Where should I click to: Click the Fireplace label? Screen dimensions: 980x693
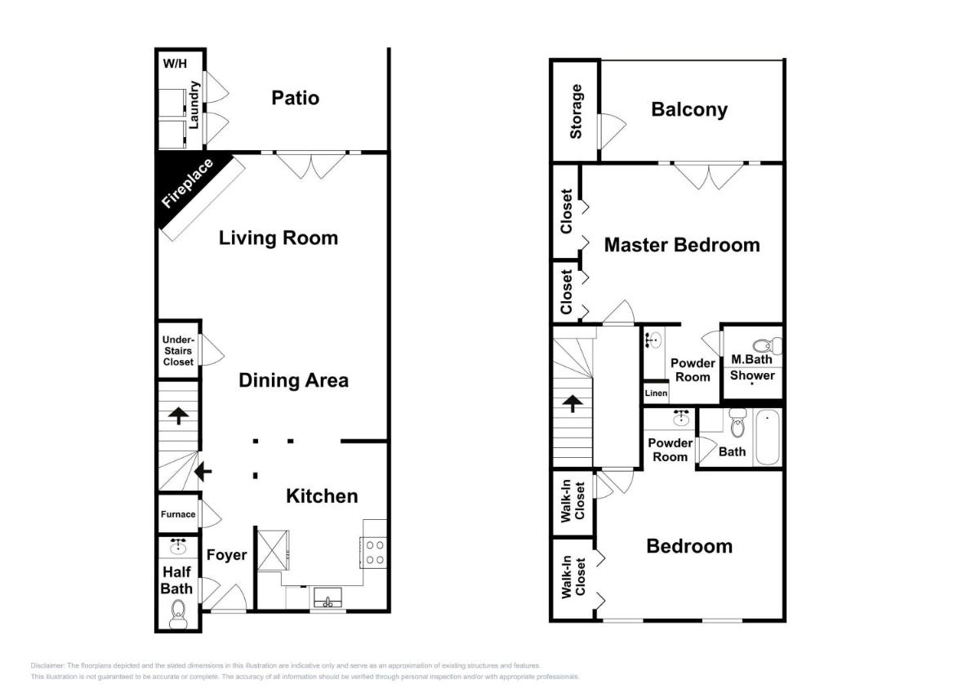coord(187,183)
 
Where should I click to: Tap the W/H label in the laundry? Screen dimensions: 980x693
coord(175,64)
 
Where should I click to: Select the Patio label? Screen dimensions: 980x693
coord(296,98)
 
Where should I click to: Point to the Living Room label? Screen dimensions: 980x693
coord(278,238)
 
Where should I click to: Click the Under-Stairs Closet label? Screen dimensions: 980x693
coord(178,351)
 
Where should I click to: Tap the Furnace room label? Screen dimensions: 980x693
coord(178,514)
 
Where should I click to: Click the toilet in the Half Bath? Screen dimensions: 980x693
coord(179,615)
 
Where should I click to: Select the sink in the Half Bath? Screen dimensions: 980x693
coord(179,546)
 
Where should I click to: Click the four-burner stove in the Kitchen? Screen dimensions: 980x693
coord(373,553)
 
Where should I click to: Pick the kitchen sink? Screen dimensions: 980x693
coord(327,597)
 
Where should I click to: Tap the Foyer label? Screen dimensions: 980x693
coord(227,555)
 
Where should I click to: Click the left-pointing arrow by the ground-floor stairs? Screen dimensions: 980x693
coord(203,472)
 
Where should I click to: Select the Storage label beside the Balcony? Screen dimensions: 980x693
coord(576,112)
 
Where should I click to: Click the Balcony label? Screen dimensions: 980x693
coord(689,109)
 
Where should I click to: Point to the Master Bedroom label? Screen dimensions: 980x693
coord(682,245)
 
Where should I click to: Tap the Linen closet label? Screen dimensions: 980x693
coord(656,393)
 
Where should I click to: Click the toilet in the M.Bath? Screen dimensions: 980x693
coord(768,345)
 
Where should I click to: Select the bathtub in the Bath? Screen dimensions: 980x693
coord(768,438)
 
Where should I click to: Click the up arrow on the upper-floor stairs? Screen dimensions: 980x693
coord(572,403)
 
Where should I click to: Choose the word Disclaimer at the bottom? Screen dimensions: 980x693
coord(47,665)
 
